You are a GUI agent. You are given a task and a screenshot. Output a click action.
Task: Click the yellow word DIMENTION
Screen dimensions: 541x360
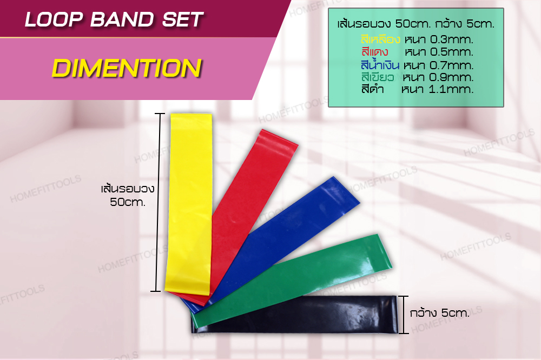[127, 68]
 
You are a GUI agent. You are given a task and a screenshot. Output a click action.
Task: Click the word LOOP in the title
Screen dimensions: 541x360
[54, 19]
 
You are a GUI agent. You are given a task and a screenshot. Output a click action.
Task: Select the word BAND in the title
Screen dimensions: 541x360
[122, 19]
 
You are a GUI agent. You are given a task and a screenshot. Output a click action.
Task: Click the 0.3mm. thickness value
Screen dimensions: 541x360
[451, 39]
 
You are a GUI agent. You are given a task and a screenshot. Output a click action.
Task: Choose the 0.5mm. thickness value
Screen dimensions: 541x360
[451, 52]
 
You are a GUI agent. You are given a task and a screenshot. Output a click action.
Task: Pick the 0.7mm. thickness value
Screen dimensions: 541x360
[451, 65]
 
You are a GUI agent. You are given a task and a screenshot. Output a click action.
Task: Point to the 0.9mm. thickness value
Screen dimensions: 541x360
[451, 77]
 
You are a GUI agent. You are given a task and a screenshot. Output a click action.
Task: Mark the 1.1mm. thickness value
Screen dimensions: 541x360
[451, 89]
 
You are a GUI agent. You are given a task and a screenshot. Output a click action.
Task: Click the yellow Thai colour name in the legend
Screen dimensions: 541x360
[380, 39]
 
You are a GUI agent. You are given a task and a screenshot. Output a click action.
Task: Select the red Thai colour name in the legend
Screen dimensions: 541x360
[375, 52]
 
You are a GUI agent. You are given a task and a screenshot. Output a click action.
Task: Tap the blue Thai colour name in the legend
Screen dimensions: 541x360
[380, 64]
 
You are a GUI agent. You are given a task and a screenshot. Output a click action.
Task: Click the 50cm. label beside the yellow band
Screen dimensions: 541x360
[128, 202]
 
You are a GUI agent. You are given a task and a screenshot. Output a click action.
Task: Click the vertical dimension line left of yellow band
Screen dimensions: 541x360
[158, 202]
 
